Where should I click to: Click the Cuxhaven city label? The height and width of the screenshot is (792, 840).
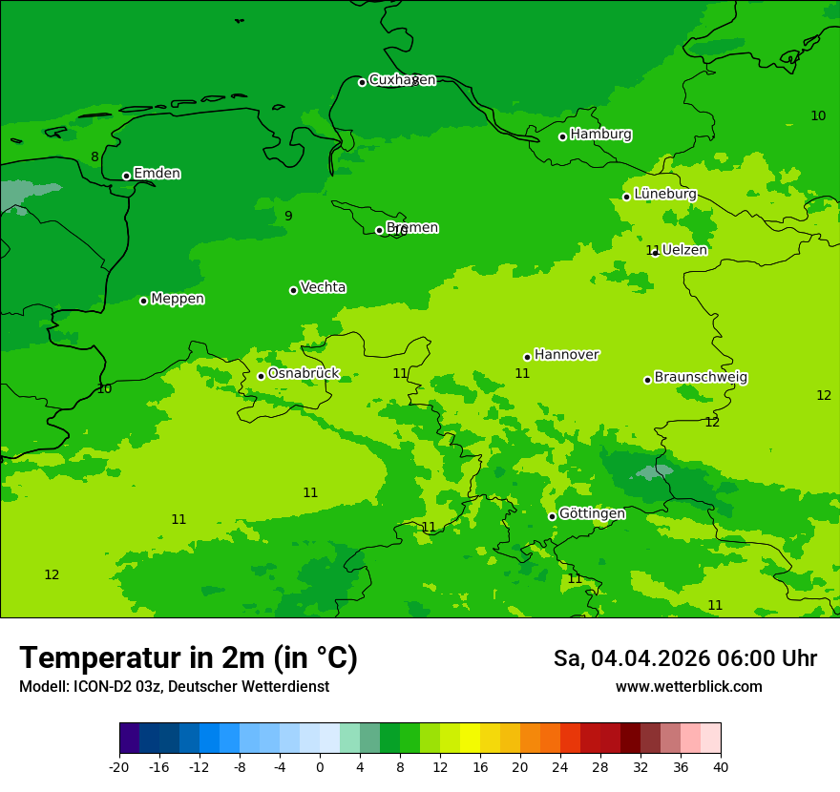coord(402,80)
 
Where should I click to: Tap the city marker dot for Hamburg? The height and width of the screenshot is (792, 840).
coord(563,136)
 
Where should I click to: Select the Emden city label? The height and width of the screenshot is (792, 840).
coord(157,174)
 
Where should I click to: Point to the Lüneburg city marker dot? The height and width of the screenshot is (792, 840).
coord(626,197)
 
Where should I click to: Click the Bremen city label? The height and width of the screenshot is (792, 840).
coord(412,228)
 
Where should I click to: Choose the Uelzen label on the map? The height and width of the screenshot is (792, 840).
coord(684,250)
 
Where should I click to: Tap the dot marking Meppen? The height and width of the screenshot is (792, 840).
coord(143,301)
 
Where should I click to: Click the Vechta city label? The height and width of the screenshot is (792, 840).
coord(323,287)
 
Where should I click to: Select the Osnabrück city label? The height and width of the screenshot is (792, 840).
coord(304,373)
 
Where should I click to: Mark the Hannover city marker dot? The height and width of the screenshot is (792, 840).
coord(527,358)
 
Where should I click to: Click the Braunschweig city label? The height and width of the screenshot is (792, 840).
coord(701,377)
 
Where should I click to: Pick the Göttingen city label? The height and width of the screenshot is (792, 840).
coord(592,513)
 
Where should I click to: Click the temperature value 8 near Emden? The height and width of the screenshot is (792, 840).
coord(94,157)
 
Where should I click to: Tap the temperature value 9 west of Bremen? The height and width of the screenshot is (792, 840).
coord(288,217)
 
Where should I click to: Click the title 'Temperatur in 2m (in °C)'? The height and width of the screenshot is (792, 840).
coord(188,658)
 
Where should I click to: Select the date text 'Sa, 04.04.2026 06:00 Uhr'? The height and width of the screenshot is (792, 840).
coord(684,658)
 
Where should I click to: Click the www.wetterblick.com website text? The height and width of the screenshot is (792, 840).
coord(688,687)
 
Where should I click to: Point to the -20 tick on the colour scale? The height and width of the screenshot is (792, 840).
coord(119,767)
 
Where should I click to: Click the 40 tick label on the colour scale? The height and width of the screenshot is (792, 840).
coord(721,767)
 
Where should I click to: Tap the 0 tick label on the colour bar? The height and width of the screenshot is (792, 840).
coord(320,767)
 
